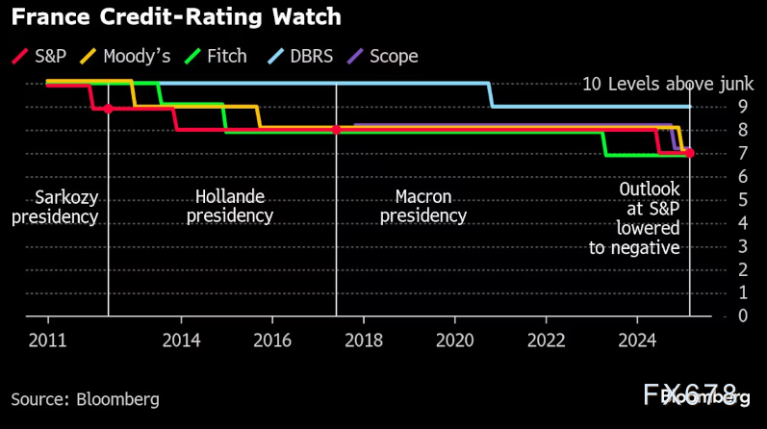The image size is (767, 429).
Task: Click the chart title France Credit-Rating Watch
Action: (176, 18)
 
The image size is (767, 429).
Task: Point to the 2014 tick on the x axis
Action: (181, 340)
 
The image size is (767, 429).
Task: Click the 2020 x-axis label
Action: (455, 340)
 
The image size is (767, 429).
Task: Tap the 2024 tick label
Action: (637, 340)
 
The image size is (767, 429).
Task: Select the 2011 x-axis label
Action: (48, 340)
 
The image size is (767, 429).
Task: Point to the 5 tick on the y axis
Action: (715, 199)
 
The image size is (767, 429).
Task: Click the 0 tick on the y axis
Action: (715, 315)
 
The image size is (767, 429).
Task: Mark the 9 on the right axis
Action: (715, 107)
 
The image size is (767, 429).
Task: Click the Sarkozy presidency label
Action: (55, 207)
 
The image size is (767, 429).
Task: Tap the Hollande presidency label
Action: (229, 206)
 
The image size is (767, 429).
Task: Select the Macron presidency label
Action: (422, 206)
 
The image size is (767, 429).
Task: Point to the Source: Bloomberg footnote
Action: (86, 398)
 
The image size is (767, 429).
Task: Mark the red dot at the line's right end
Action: (690, 153)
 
